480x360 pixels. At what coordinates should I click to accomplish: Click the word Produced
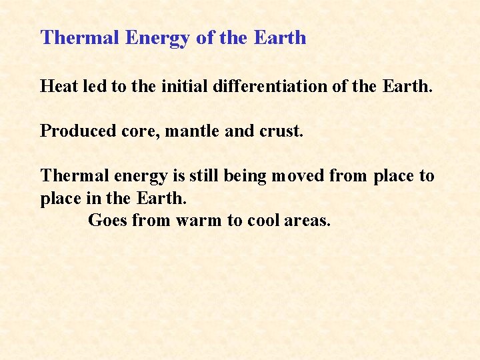tap(69, 131)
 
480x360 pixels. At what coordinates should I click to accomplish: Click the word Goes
tap(107, 220)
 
